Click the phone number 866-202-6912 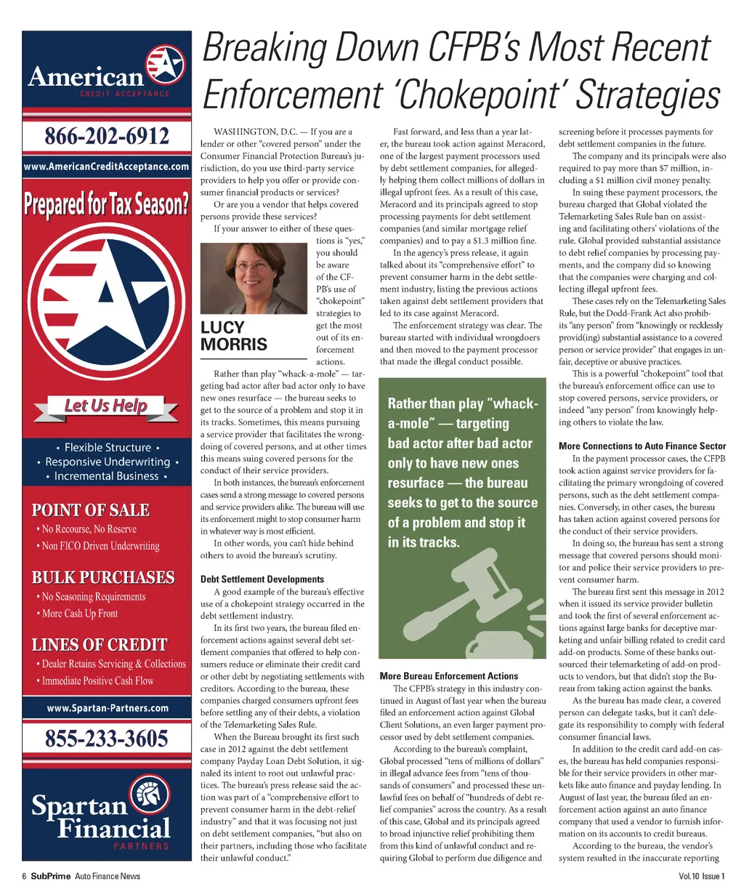click(x=107, y=136)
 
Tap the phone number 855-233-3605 click(x=107, y=739)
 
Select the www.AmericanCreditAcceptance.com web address click(x=107, y=166)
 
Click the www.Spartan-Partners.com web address click(x=107, y=708)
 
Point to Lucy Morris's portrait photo click(x=254, y=278)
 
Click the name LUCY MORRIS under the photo click(x=233, y=336)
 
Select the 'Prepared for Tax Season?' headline click(x=107, y=204)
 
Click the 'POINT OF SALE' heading click(x=91, y=510)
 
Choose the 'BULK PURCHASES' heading click(x=103, y=578)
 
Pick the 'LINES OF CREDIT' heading click(x=100, y=645)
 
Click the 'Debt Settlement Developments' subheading click(x=262, y=579)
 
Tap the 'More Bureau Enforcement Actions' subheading click(x=448, y=676)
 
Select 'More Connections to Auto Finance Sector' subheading click(x=642, y=446)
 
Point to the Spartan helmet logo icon click(x=150, y=795)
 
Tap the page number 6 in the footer click(x=24, y=876)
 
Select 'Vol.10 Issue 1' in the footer click(x=701, y=876)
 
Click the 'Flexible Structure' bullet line click(x=108, y=448)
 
